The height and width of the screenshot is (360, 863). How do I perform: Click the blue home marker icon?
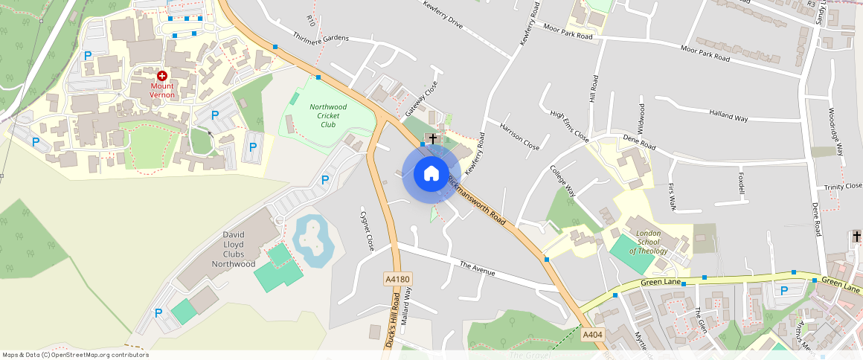tap(431, 174)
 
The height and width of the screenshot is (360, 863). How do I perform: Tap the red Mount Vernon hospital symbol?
tap(162, 76)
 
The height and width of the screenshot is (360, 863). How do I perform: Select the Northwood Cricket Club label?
tap(328, 115)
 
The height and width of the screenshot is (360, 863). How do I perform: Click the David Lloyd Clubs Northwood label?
tap(234, 249)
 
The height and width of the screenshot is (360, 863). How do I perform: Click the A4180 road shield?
tap(397, 279)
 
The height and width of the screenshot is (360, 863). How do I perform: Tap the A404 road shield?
tap(592, 335)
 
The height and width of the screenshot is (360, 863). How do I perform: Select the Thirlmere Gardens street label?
tap(321, 37)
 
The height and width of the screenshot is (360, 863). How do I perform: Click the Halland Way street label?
tap(728, 115)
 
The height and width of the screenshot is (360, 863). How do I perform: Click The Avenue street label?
tap(477, 269)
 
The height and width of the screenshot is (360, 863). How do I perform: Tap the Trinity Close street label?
tap(842, 186)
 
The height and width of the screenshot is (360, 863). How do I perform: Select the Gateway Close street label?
tap(421, 99)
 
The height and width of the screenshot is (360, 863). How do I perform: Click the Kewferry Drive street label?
tap(443, 15)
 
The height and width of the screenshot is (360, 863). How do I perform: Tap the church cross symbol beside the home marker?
tap(432, 139)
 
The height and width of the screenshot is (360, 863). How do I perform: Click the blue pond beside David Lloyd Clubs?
tap(313, 240)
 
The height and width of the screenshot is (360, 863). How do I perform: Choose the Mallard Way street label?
tap(407, 306)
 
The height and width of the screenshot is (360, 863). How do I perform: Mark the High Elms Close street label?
tap(569, 126)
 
